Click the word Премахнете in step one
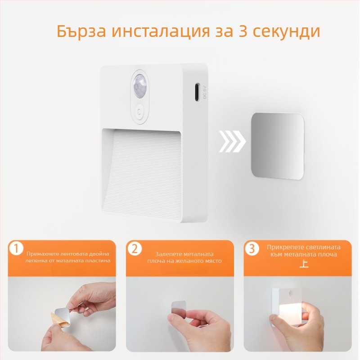pos(42,254)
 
